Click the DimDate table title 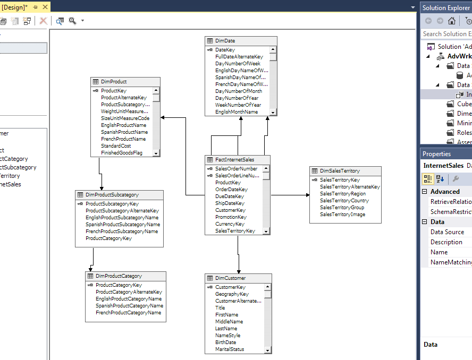[225, 41]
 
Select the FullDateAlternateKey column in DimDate [239, 57]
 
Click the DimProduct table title [114, 82]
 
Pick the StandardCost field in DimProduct [116, 146]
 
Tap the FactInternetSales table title [234, 160]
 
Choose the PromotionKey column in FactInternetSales [231, 217]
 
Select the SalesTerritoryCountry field [344, 201]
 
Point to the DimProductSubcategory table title [112, 195]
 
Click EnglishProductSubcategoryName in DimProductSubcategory [122, 218]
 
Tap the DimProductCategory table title [119, 276]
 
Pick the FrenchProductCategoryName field [128, 313]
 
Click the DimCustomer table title [230, 278]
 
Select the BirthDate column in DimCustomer [225, 342]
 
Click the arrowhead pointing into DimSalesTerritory [307, 195]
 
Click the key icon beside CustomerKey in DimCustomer [210, 287]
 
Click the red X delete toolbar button [44, 21]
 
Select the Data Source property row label [447, 232]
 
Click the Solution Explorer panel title [445, 7]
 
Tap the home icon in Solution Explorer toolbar [451, 21]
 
